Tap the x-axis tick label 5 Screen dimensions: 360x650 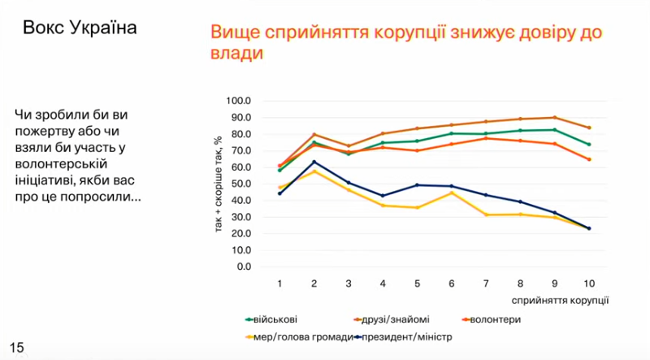point(418,284)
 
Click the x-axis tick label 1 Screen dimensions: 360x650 point(279,284)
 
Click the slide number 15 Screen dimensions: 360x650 point(16,348)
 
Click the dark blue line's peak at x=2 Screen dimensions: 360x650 point(314,162)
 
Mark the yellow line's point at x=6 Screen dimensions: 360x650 point(452,193)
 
